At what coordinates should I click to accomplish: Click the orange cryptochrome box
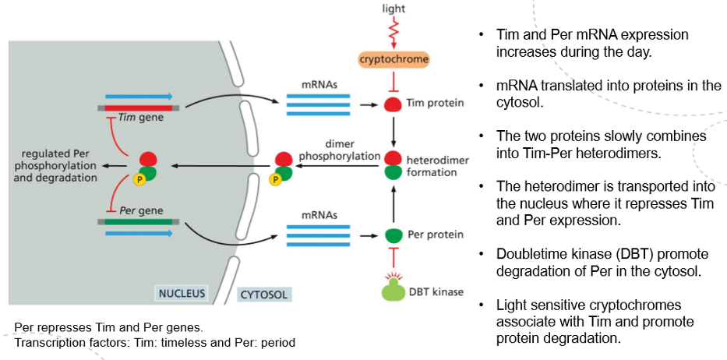(x=393, y=59)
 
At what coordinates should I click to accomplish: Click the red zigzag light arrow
(x=394, y=33)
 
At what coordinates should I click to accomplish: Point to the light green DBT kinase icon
(x=394, y=290)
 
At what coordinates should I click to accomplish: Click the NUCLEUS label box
(x=182, y=294)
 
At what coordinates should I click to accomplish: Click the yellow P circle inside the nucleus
(x=138, y=179)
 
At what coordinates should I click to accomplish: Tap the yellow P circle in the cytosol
(x=274, y=179)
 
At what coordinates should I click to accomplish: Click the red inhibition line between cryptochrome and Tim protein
(x=394, y=80)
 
